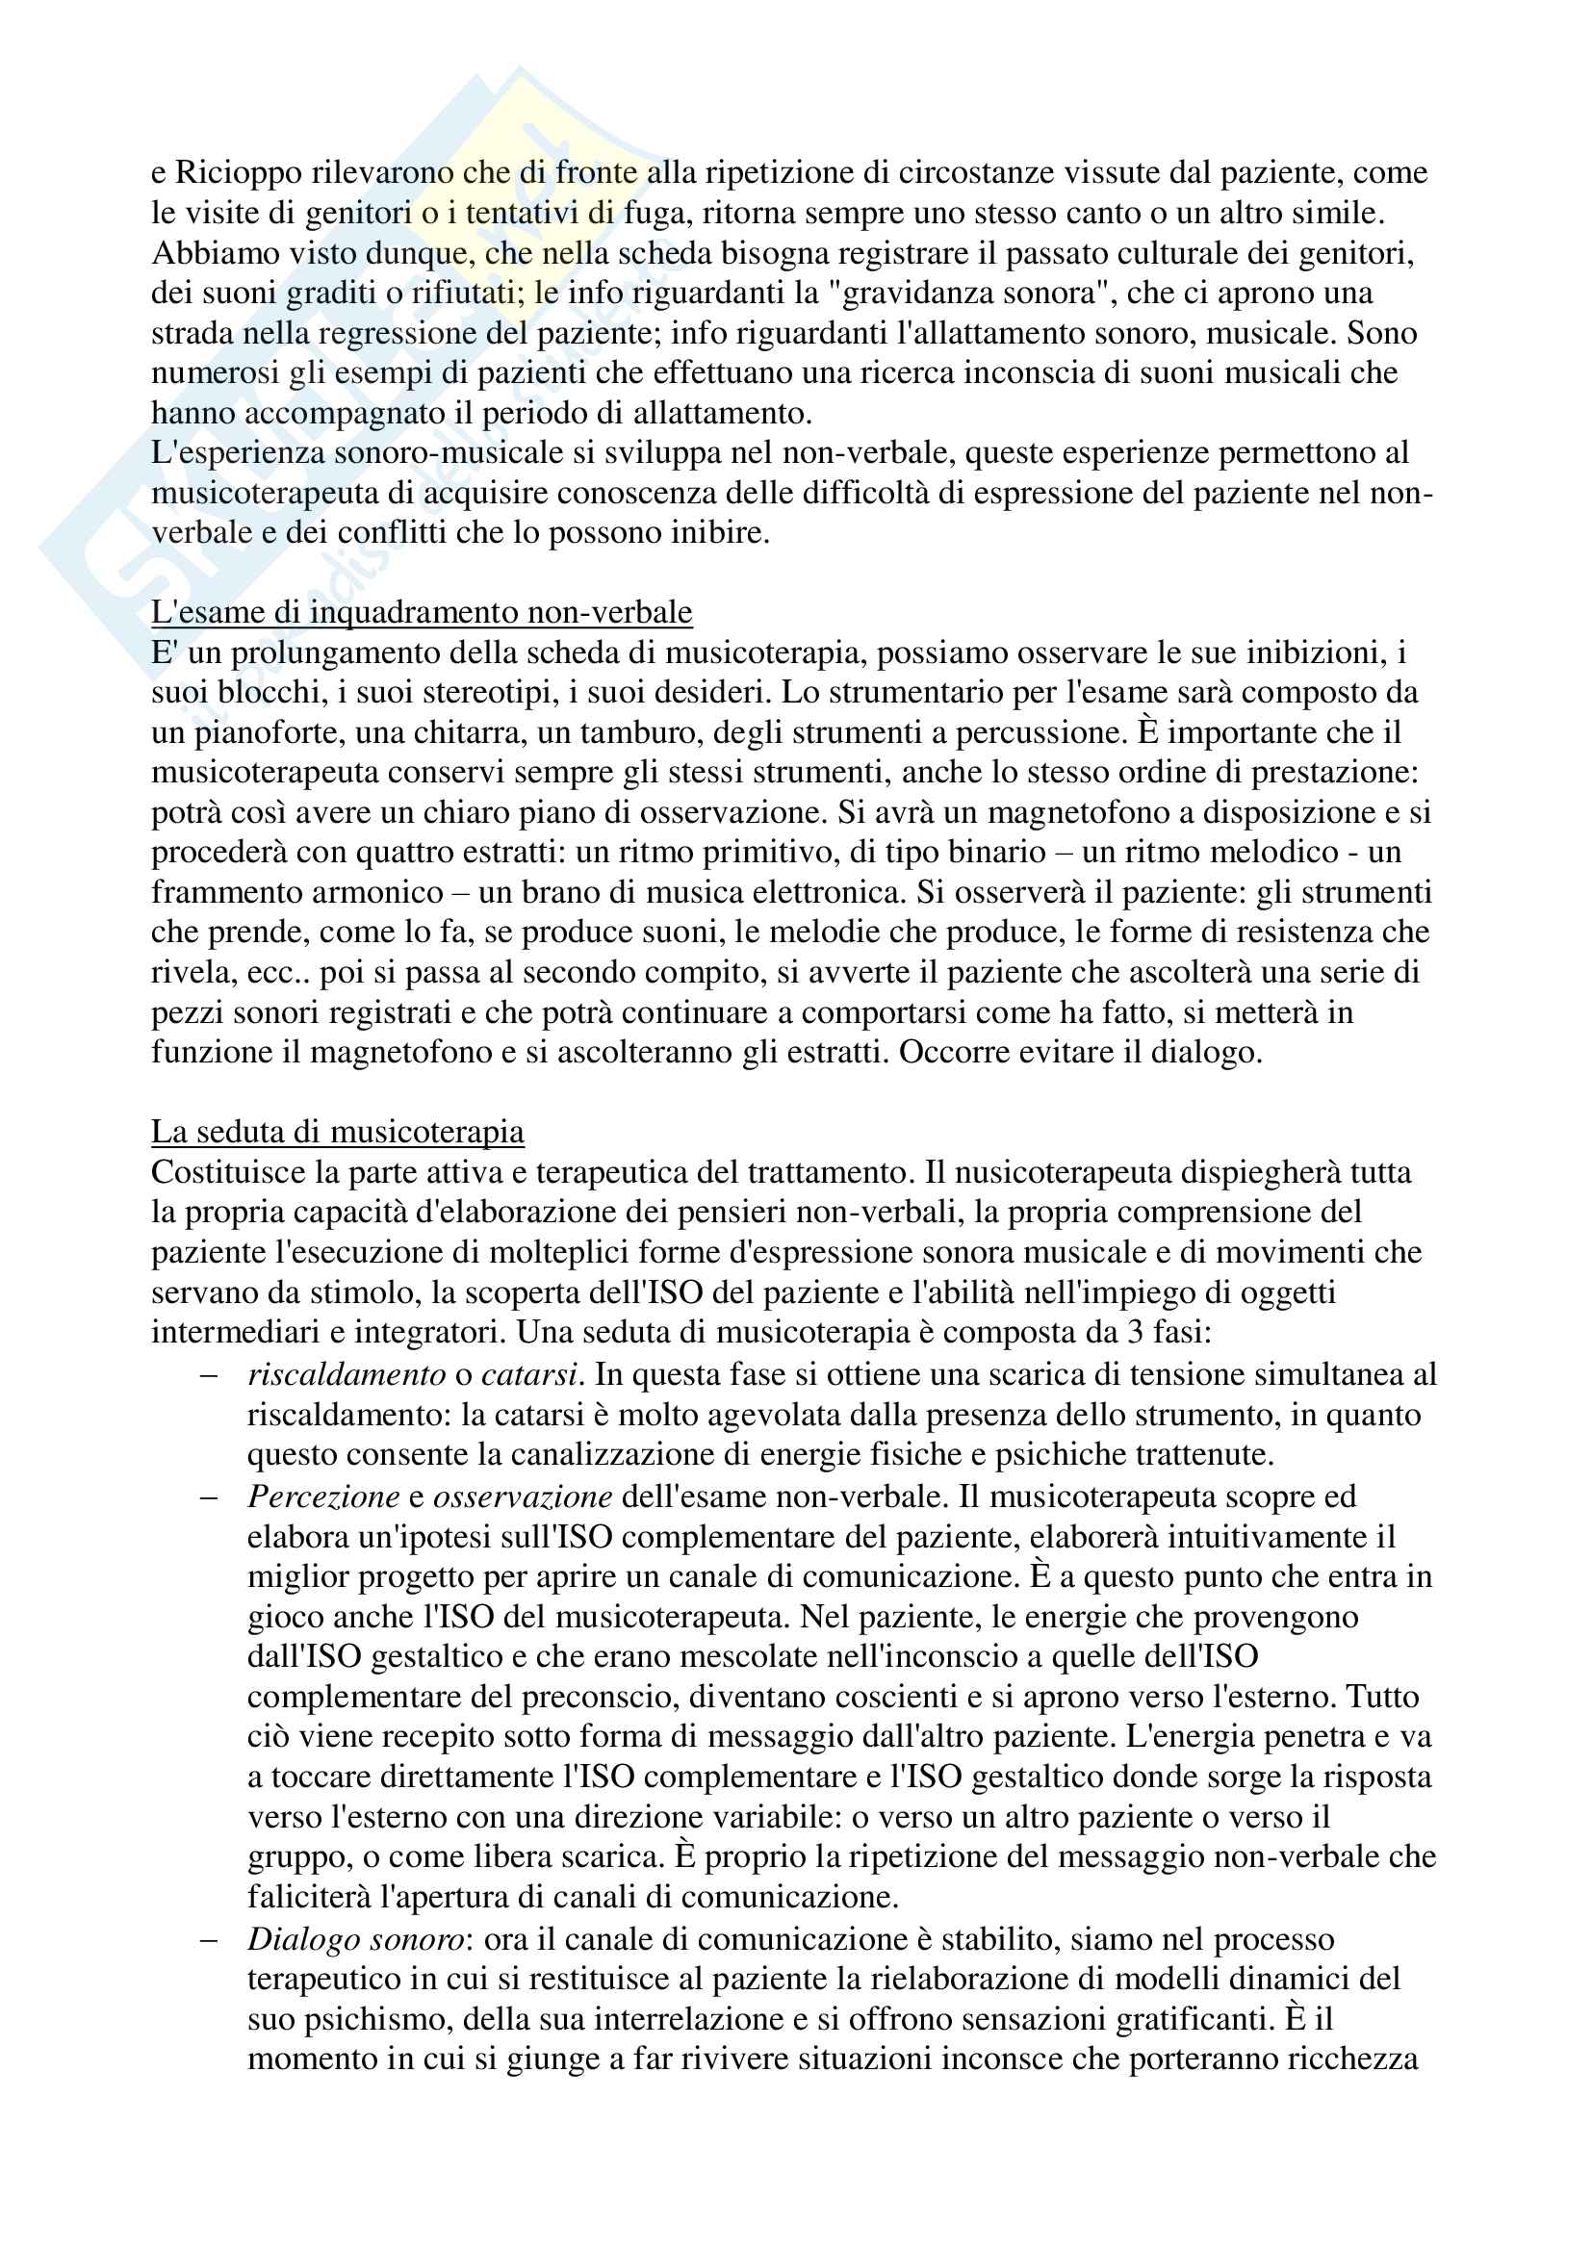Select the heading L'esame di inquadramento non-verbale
click(422, 613)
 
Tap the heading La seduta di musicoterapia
click(337, 1133)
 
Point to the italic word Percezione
click(323, 1497)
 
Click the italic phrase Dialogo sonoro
click(356, 1939)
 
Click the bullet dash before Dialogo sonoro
click(208, 1939)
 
